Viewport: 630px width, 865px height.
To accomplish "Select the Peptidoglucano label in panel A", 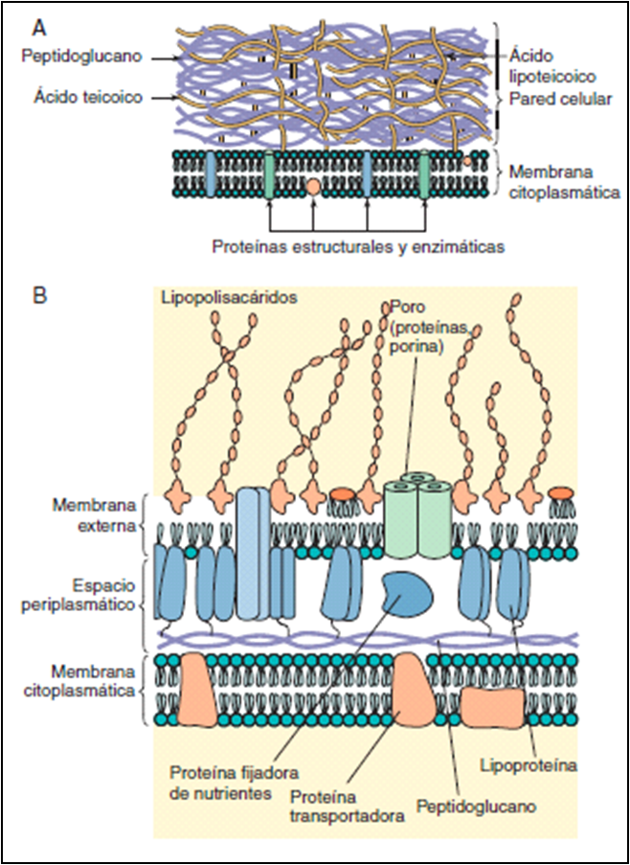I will tap(83, 57).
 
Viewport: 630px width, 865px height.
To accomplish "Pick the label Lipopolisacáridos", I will tap(228, 299).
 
